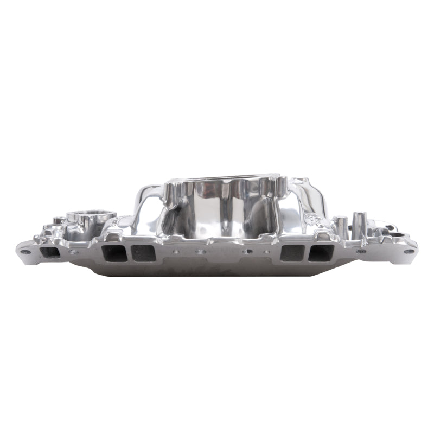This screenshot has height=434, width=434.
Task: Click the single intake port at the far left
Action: [50, 252]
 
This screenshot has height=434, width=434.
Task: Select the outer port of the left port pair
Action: [113, 253]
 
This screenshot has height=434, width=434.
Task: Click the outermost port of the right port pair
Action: [321, 253]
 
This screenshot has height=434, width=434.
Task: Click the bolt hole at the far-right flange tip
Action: [408, 251]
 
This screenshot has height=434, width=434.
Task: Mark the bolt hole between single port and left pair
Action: [74, 252]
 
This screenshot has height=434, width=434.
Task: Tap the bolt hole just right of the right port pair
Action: [361, 251]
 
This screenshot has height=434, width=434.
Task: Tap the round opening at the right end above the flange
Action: [398, 234]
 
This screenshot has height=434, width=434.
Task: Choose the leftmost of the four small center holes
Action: [176, 252]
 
